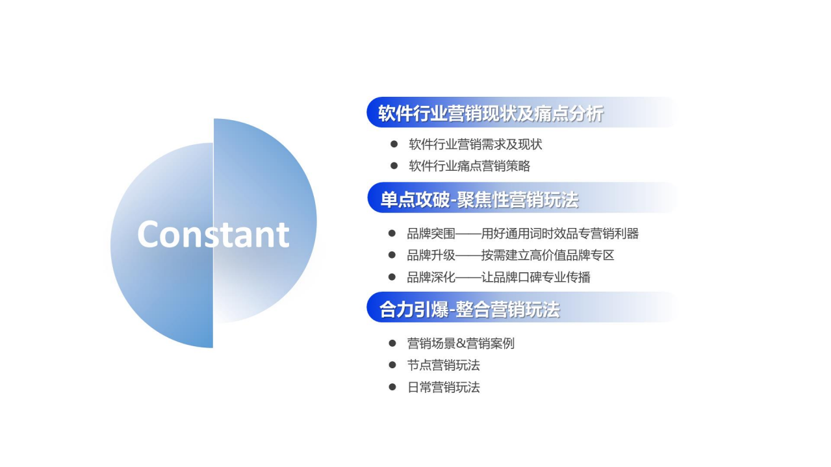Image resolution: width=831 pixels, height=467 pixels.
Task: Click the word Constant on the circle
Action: click(x=213, y=234)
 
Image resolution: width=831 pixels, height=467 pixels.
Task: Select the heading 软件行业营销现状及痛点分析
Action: click(x=491, y=114)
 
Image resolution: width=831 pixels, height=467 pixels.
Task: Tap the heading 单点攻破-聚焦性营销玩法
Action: click(x=479, y=199)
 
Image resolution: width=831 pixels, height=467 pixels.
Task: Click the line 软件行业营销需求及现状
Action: click(x=476, y=144)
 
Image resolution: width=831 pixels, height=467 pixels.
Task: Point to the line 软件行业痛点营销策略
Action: click(x=470, y=166)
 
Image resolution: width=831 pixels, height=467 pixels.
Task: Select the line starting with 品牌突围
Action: click(x=523, y=233)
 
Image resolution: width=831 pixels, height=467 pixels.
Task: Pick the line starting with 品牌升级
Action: click(x=511, y=255)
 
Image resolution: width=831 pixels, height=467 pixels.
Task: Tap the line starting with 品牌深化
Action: click(x=499, y=277)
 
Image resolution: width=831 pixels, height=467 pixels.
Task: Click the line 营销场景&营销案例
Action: click(x=461, y=344)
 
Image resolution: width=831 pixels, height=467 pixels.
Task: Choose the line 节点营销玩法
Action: click(x=444, y=366)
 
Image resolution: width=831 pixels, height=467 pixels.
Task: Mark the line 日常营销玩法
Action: click(x=444, y=388)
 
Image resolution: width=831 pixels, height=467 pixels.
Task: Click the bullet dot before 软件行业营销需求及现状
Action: click(x=394, y=144)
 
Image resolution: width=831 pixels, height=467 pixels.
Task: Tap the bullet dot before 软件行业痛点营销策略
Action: click(x=394, y=166)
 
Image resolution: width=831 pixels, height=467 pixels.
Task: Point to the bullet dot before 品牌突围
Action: click(x=392, y=233)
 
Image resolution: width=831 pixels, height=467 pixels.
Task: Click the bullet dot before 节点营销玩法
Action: click(x=392, y=365)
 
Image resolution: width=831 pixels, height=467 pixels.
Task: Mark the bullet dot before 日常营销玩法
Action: click(x=392, y=387)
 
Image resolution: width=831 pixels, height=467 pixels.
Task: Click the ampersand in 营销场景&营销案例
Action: click(x=461, y=344)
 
